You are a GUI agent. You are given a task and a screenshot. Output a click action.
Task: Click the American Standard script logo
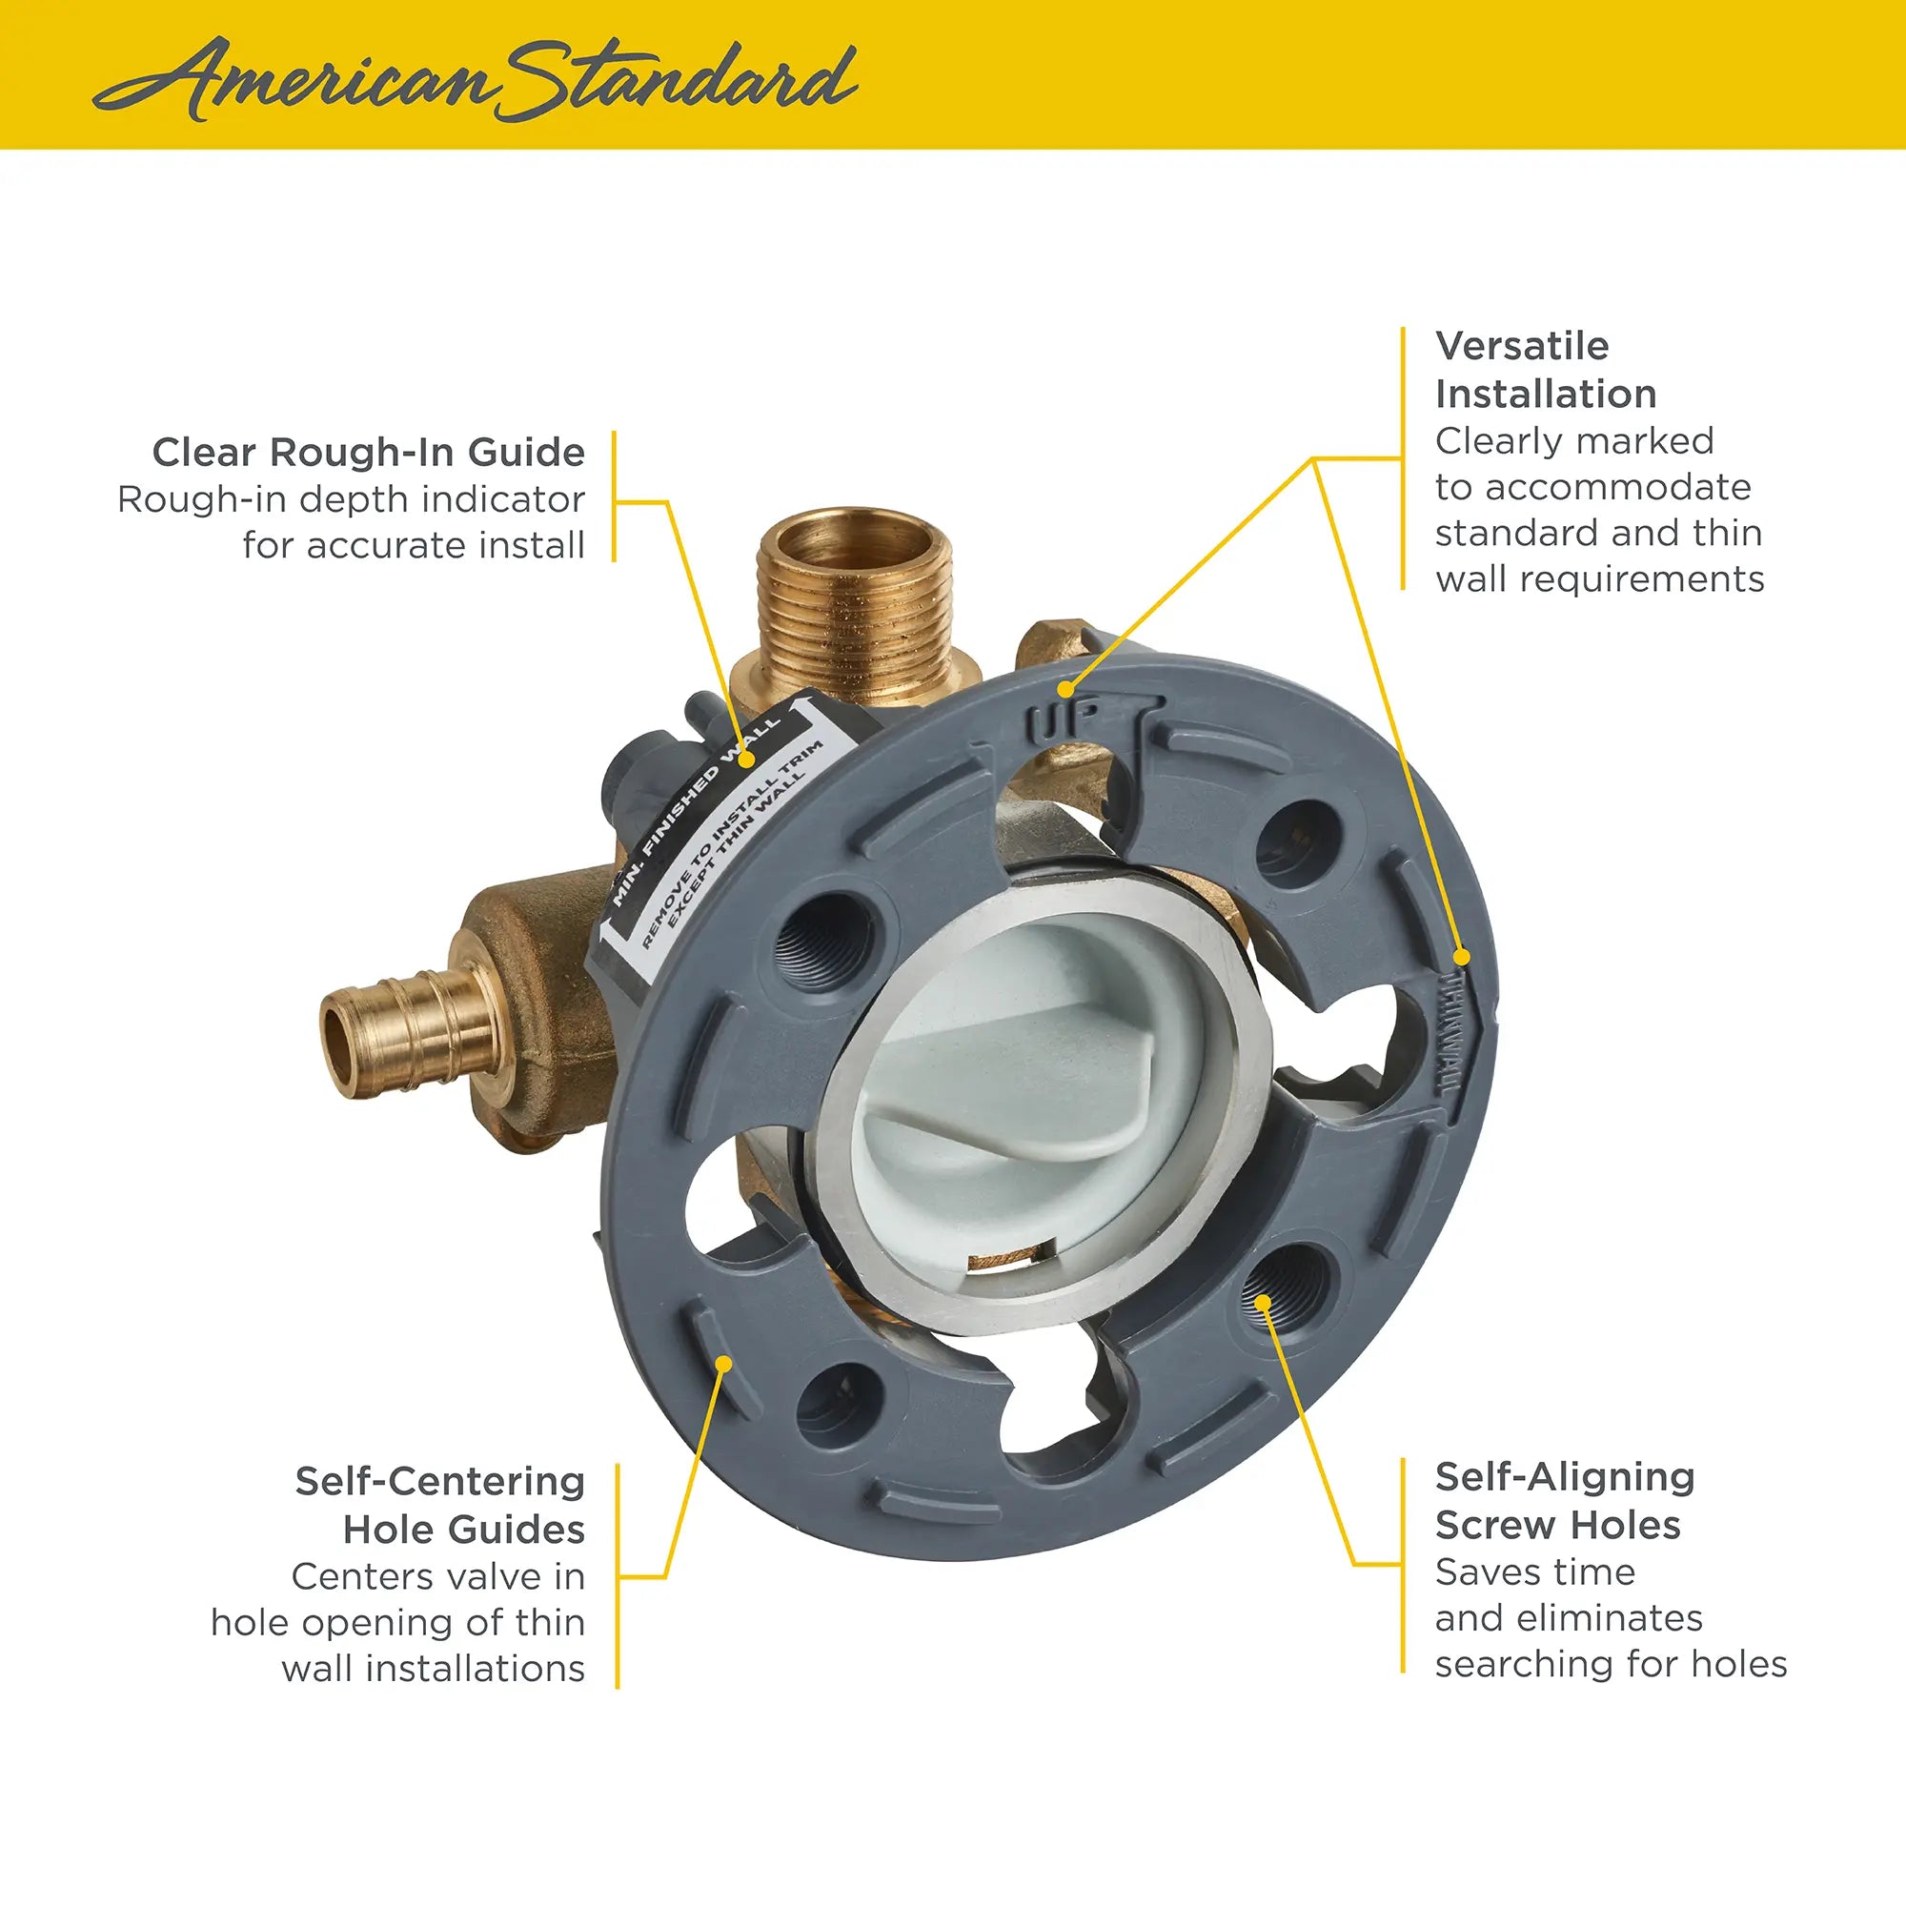click(x=474, y=79)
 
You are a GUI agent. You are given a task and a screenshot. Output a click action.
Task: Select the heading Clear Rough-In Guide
click(x=368, y=453)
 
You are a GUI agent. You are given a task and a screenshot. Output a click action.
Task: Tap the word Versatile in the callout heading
click(x=1521, y=346)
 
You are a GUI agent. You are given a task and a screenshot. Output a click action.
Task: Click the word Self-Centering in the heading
click(x=439, y=1482)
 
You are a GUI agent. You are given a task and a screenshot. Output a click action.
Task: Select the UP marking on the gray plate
click(x=1054, y=723)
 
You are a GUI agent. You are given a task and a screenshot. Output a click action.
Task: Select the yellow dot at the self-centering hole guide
click(x=724, y=1364)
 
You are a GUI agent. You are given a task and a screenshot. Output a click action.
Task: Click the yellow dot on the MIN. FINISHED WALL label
click(x=748, y=760)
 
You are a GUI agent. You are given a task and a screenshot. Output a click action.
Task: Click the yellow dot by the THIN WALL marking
click(x=1463, y=956)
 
